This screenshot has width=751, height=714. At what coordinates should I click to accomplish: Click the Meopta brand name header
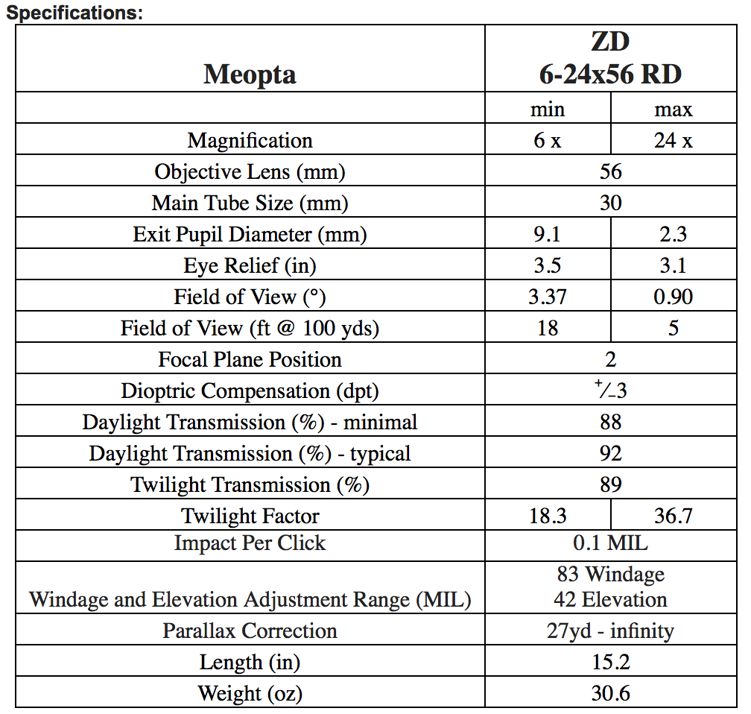coord(250,75)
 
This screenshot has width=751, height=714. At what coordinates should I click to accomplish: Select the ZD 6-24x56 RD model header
coord(610,58)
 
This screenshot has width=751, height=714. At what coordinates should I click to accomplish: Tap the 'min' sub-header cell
coord(548,110)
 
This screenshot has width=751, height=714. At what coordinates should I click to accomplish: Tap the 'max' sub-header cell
coord(673,110)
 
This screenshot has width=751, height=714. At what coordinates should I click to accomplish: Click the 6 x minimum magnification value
coord(548,140)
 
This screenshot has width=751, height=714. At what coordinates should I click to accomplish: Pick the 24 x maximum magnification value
coord(673,140)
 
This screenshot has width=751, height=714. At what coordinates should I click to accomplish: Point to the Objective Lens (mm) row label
coord(250,171)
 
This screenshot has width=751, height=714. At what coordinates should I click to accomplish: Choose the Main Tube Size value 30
coord(610,203)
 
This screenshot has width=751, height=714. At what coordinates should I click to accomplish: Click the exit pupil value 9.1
coord(548,234)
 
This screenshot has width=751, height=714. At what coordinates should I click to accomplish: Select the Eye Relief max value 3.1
coord(673,265)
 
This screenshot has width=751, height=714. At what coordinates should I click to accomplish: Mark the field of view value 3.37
coord(548,297)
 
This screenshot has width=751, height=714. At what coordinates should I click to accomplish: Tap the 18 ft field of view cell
coord(548,328)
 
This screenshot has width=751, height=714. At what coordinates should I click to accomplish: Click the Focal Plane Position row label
coord(250,359)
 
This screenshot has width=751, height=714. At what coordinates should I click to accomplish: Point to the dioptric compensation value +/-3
coord(610,390)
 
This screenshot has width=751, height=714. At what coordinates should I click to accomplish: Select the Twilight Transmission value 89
coord(610,484)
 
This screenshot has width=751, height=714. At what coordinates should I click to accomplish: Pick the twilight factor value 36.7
coord(673,516)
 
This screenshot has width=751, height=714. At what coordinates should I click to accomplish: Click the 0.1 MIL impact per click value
coord(610,543)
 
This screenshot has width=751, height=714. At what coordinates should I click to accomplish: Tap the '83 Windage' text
coord(610,575)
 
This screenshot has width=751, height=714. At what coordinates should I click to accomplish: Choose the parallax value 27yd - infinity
coord(610,631)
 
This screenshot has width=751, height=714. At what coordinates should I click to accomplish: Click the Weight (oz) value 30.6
coord(610,693)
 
